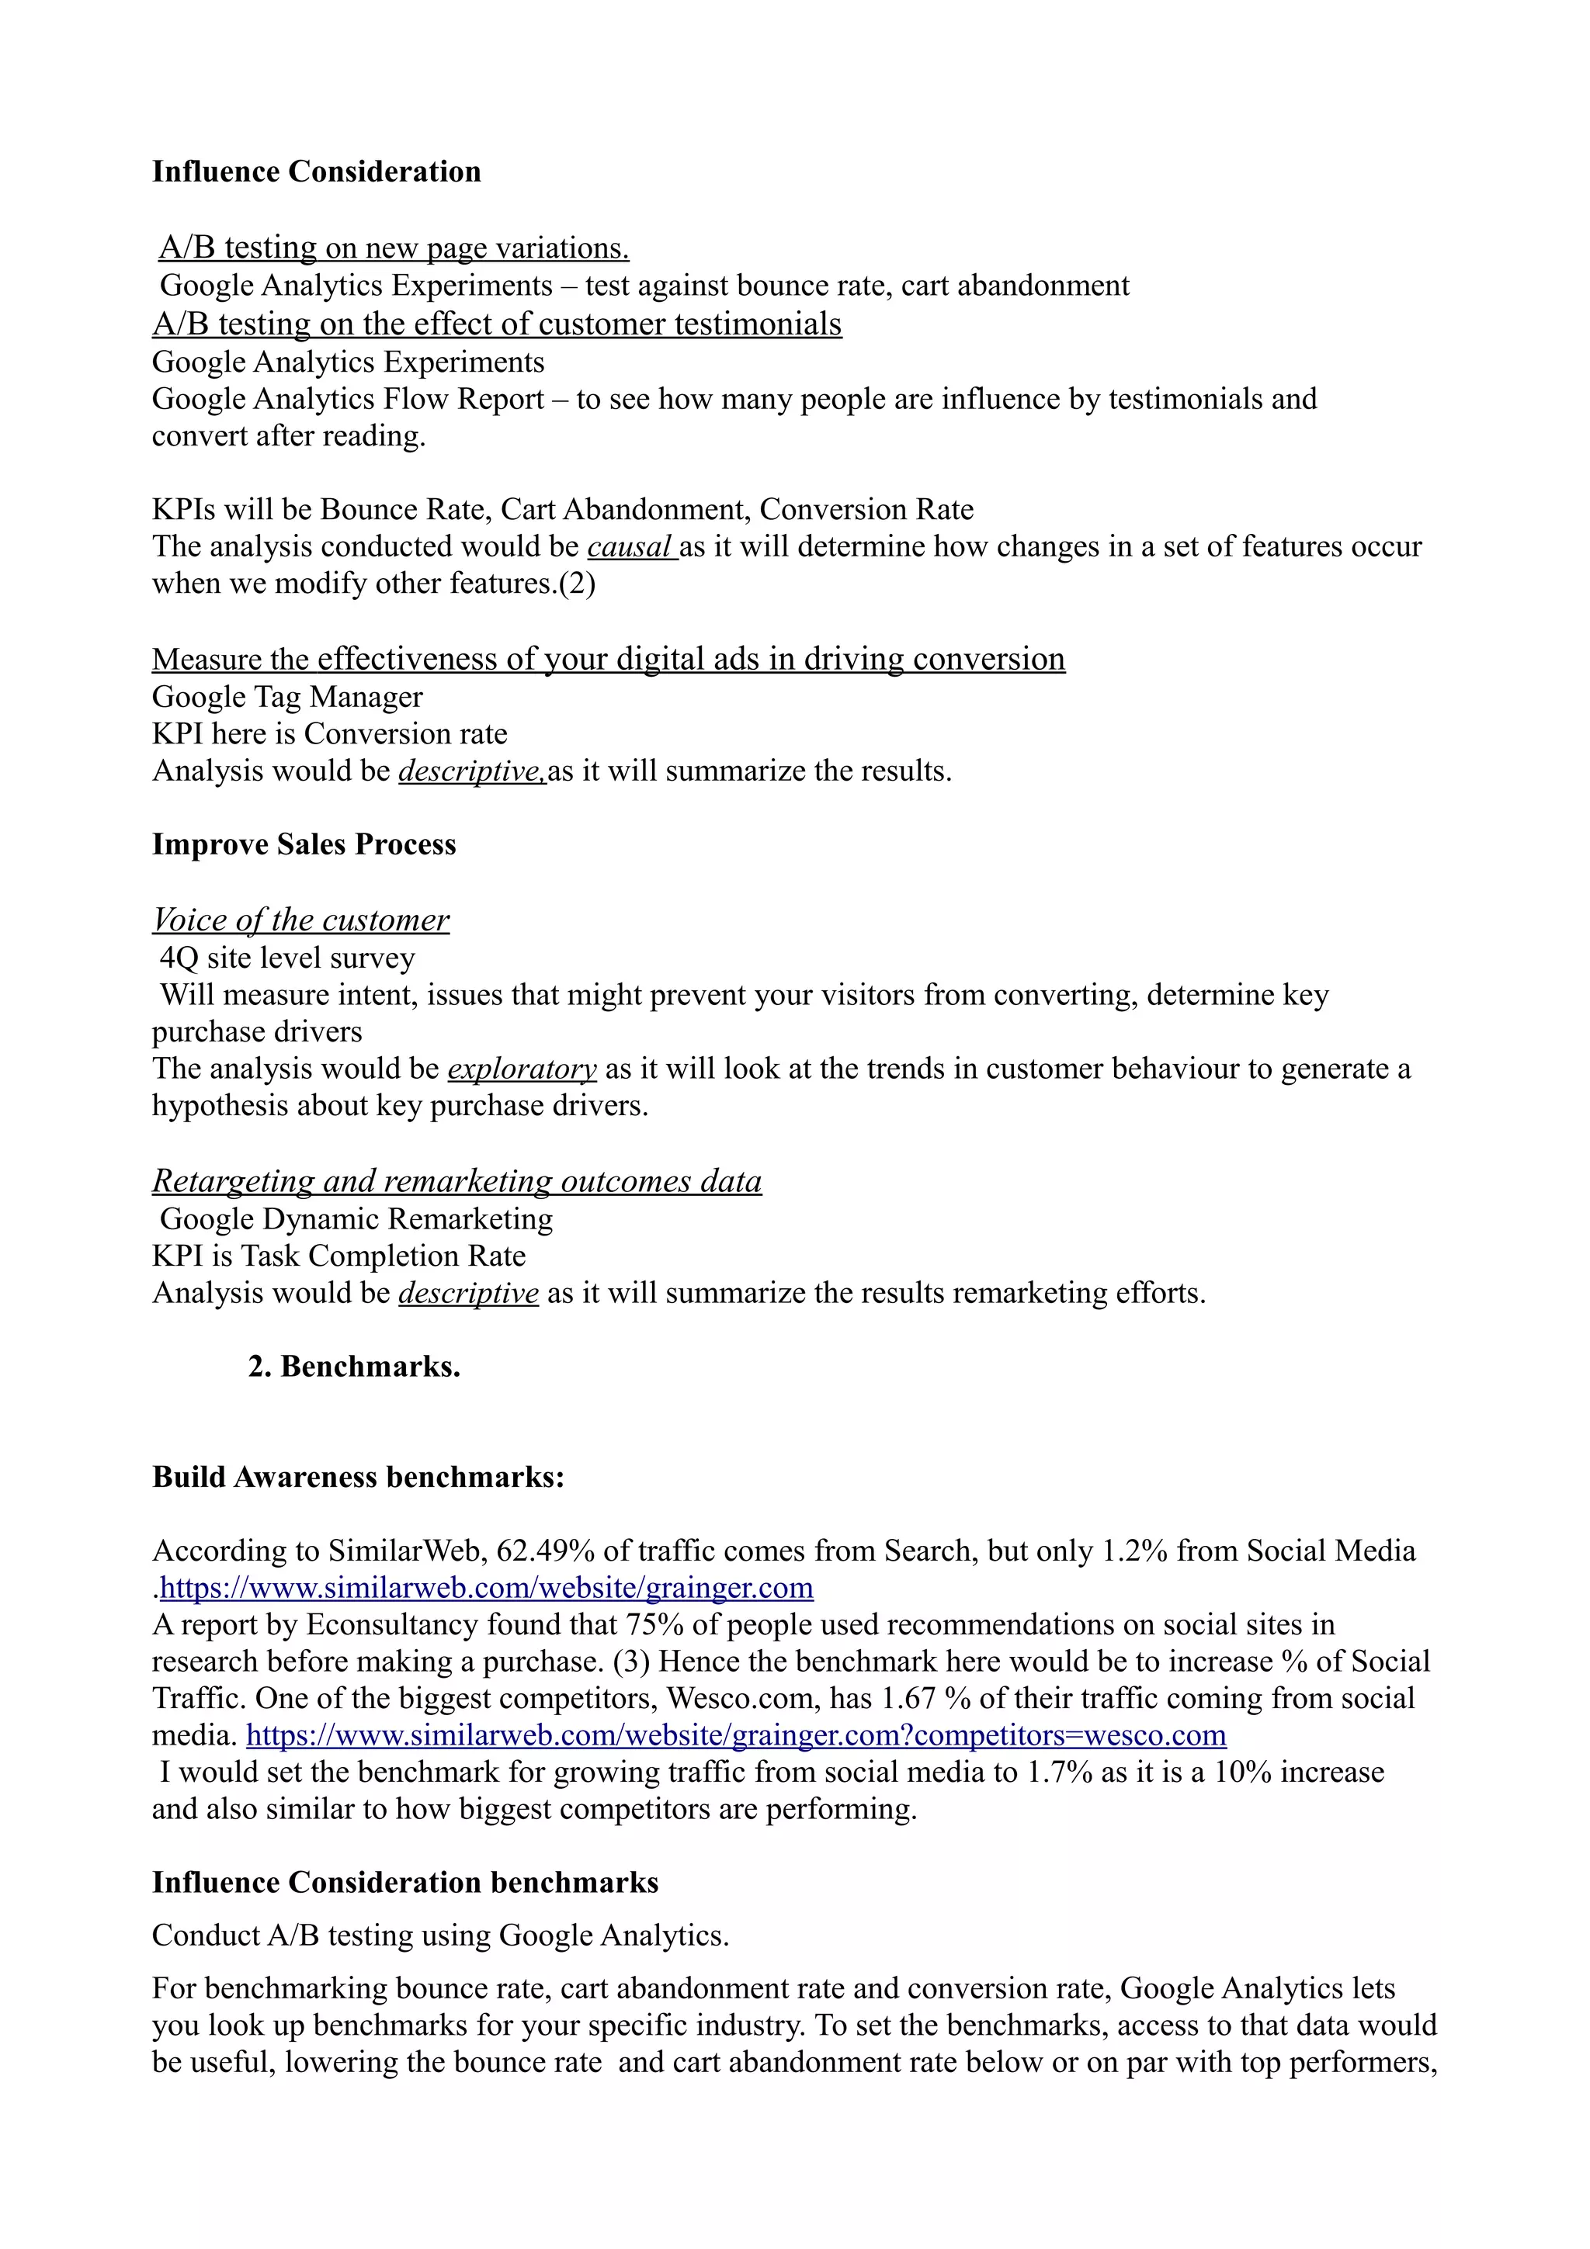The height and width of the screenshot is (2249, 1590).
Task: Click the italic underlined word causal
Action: pyautogui.click(x=631, y=546)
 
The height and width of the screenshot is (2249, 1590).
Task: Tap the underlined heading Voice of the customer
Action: pyautogui.click(x=300, y=920)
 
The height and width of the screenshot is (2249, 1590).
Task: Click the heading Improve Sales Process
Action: pyautogui.click(x=304, y=844)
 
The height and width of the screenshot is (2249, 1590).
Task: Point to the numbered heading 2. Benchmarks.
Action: pyautogui.click(x=354, y=1367)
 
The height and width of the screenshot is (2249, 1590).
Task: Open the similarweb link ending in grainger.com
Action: pyautogui.click(x=486, y=1588)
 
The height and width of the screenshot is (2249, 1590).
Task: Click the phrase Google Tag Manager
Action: pyautogui.click(x=287, y=698)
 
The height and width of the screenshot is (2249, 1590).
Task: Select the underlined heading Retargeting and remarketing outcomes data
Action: pyautogui.click(x=457, y=1181)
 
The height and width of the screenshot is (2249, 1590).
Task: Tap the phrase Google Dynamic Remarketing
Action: pyautogui.click(x=356, y=1219)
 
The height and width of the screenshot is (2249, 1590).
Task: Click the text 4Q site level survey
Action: pyautogui.click(x=287, y=958)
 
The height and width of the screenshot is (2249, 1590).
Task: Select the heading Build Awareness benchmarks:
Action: pyautogui.click(x=358, y=1477)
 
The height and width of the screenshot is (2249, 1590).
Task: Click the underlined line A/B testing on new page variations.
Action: pyautogui.click(x=394, y=248)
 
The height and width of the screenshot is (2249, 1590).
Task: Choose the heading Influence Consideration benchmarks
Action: pyautogui.click(x=404, y=1883)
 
